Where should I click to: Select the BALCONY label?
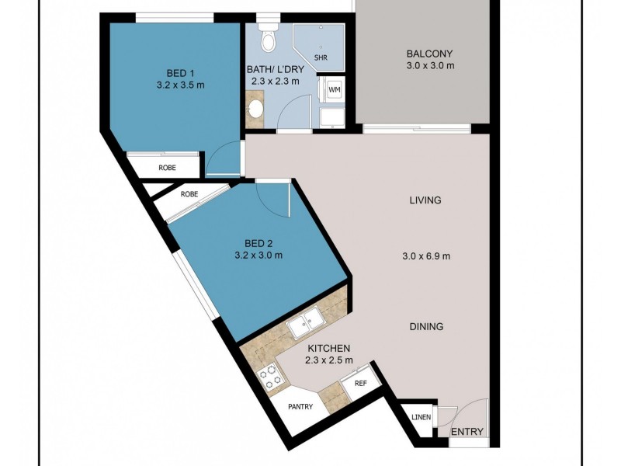(x=429, y=54)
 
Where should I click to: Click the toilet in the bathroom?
(x=269, y=38)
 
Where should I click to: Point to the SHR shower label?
(x=321, y=57)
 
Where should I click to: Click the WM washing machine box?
(x=335, y=90)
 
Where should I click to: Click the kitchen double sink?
(x=305, y=325)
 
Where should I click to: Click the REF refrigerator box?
(x=360, y=382)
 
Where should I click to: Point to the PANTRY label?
(x=300, y=406)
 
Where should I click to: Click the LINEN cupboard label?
(x=421, y=419)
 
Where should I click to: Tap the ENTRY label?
(x=467, y=432)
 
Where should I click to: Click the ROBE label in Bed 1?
(x=167, y=167)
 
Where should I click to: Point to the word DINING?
(x=426, y=327)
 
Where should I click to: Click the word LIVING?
(x=425, y=200)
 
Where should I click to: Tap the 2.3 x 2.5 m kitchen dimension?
(x=328, y=360)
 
